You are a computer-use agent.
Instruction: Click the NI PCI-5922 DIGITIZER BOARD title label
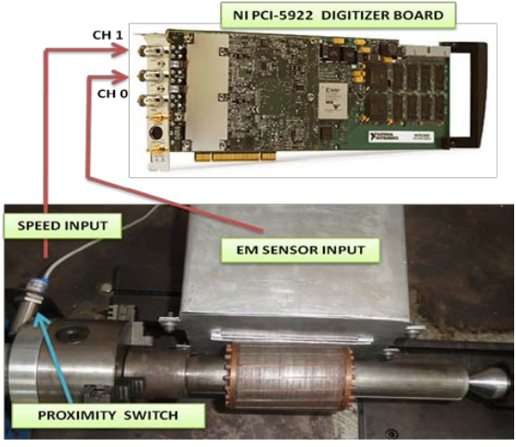pyautogui.click(x=338, y=15)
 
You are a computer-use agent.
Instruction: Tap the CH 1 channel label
pyautogui.click(x=108, y=35)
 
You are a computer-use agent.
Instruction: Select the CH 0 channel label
pyautogui.click(x=112, y=94)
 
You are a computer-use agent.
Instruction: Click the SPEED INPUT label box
pyautogui.click(x=62, y=226)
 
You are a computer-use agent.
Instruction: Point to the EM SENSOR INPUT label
pyautogui.click(x=301, y=250)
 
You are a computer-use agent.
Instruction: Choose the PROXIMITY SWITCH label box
pyautogui.click(x=108, y=415)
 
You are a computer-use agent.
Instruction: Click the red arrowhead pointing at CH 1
pyautogui.click(x=121, y=50)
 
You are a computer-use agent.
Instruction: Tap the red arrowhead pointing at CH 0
pyautogui.click(x=121, y=77)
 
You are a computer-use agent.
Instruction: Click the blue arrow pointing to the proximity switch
pyautogui.click(x=54, y=358)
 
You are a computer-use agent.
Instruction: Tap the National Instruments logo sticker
pyautogui.click(x=401, y=136)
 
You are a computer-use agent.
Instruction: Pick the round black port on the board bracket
pyautogui.click(x=156, y=133)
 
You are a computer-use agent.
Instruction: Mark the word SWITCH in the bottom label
pyautogui.click(x=151, y=415)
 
